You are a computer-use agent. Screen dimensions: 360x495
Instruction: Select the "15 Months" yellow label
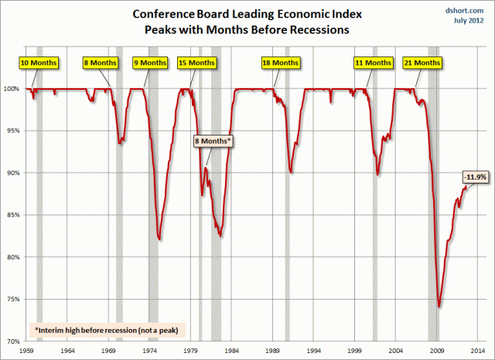[197, 62]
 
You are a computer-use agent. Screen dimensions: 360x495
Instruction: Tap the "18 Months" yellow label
[280, 62]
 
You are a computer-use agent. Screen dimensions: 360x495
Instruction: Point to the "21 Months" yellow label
[422, 62]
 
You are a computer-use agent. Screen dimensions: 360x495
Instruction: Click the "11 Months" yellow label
[373, 62]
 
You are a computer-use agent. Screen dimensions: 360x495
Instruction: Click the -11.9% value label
[476, 177]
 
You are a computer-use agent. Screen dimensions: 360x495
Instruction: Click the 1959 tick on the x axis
[26, 351]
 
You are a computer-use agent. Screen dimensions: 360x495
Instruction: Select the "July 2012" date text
[466, 21]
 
